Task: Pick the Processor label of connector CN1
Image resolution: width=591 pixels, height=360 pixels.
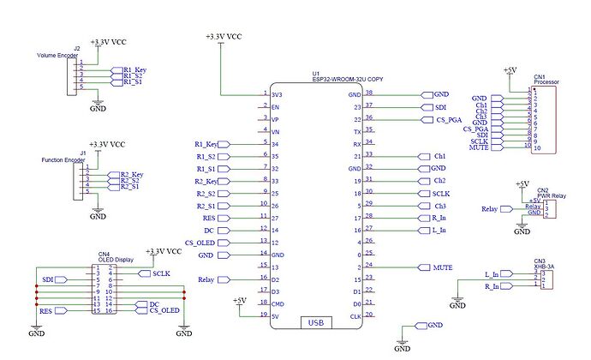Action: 546,82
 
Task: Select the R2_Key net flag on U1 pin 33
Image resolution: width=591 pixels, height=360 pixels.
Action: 206,181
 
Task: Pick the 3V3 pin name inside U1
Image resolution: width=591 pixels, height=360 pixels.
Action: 278,94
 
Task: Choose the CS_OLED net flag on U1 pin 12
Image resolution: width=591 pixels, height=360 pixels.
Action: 203,243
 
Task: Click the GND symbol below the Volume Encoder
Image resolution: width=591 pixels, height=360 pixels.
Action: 98,108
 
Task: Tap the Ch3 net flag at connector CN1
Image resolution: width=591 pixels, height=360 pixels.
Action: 481,117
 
